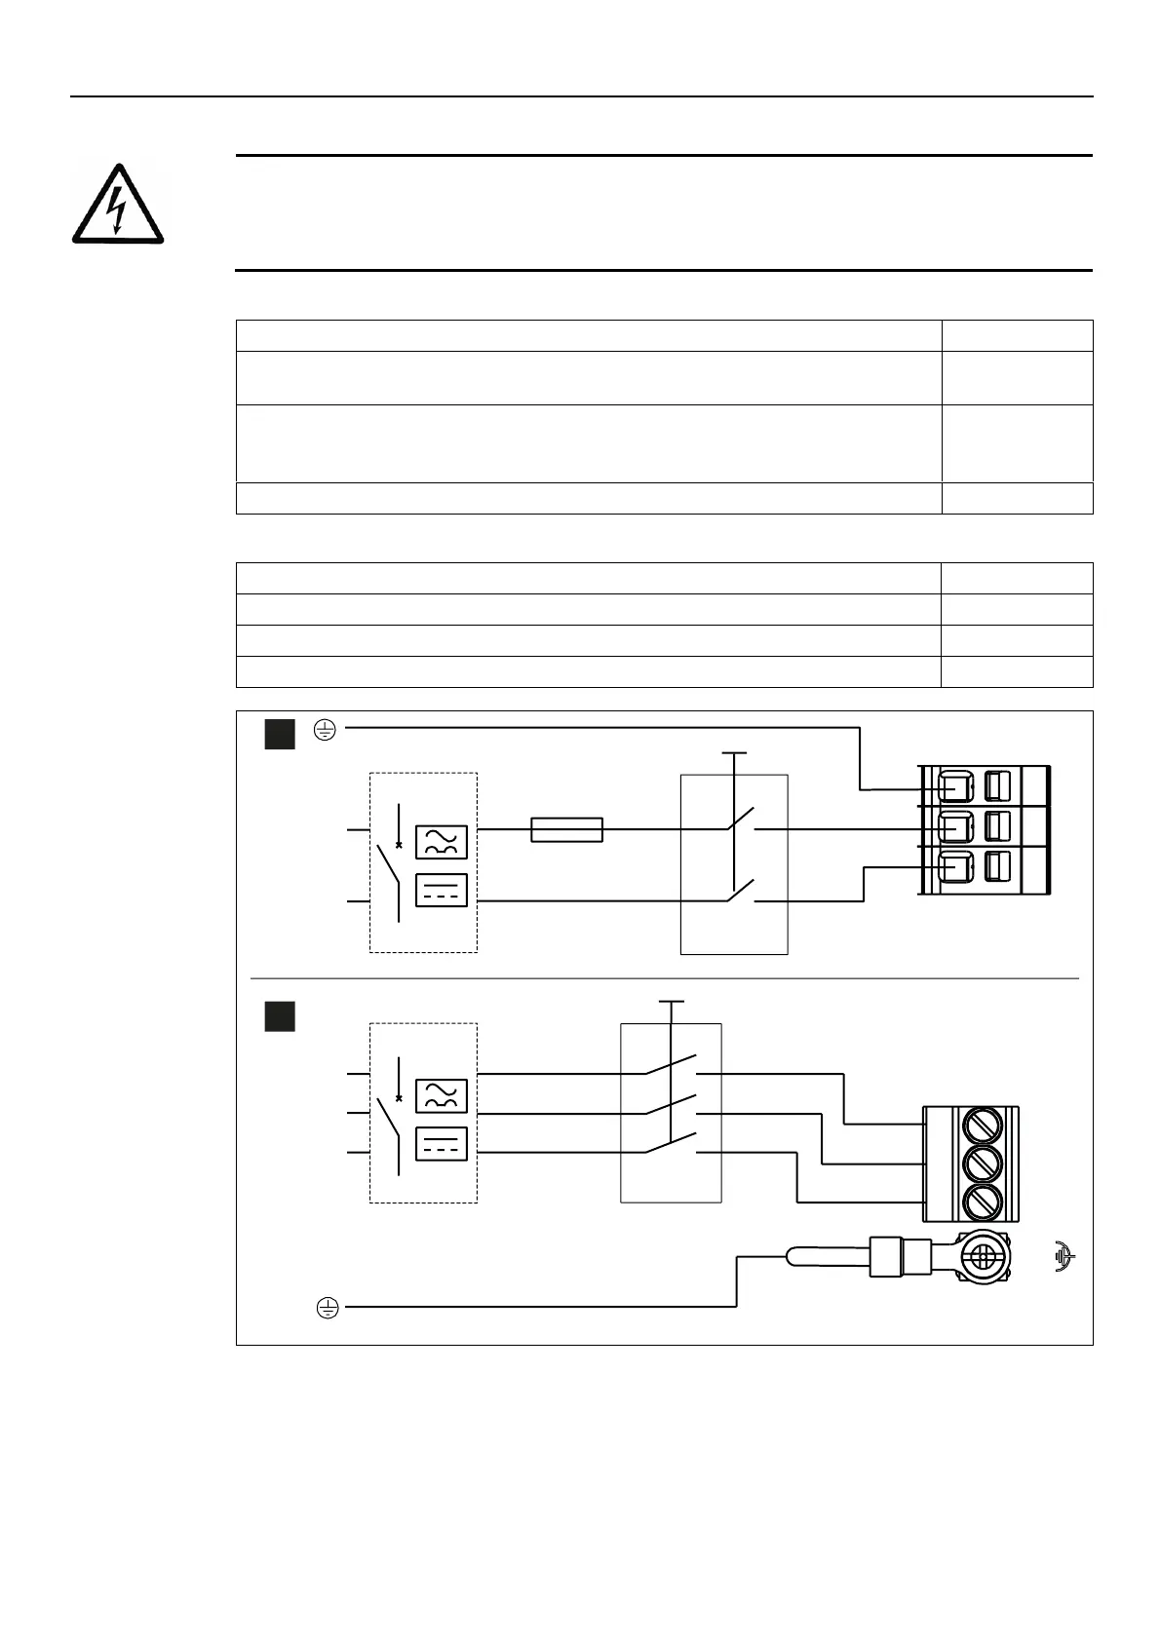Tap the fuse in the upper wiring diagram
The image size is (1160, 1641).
point(566,829)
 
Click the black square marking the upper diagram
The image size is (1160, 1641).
point(280,734)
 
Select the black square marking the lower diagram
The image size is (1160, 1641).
point(280,1016)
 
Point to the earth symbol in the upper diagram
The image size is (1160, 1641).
point(326,729)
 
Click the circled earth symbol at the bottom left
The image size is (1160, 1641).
point(328,1308)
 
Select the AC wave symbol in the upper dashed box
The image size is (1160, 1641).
point(442,842)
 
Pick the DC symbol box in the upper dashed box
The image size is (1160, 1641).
point(442,891)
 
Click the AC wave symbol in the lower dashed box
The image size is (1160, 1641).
point(442,1096)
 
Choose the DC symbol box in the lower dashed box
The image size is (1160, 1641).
point(442,1144)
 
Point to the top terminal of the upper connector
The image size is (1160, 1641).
point(954,786)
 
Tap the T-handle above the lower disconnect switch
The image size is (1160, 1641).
point(672,1002)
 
